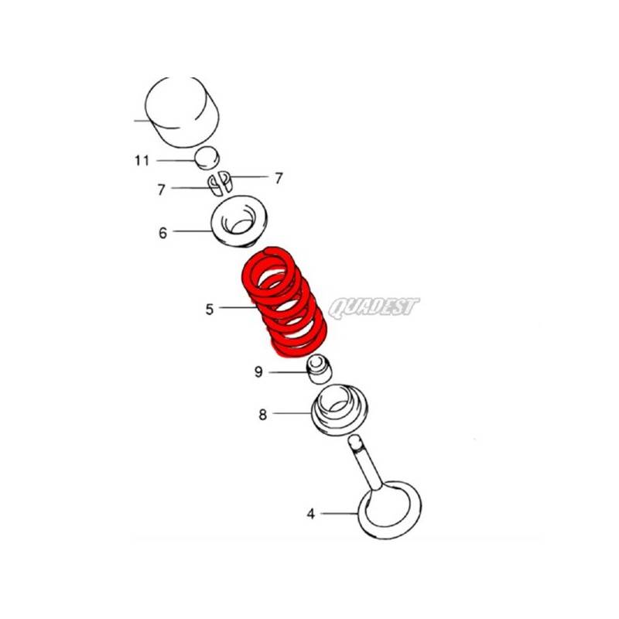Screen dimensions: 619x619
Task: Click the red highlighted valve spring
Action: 284,302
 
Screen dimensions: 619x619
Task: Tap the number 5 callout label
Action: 209,309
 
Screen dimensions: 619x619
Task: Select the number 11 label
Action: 142,161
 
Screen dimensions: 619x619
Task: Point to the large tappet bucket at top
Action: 183,111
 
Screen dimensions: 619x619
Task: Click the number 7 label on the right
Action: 279,178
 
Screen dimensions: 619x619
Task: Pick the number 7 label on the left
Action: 161,190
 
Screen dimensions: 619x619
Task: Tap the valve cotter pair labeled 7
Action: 219,183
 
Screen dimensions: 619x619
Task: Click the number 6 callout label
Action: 162,233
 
